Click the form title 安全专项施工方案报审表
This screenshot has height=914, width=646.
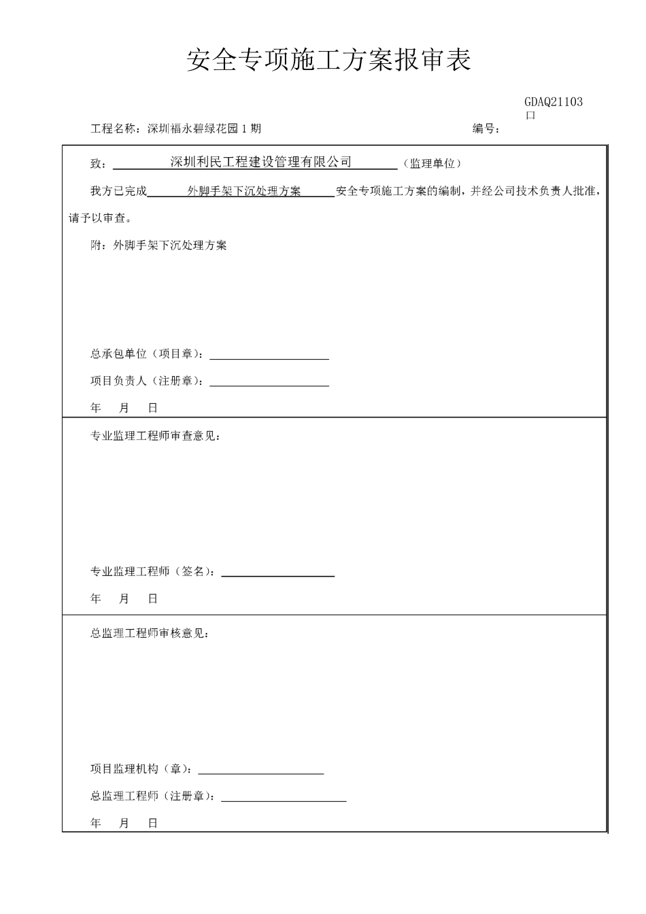point(328,61)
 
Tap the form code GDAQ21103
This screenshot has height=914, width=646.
point(553,102)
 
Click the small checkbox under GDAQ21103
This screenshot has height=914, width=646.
point(531,116)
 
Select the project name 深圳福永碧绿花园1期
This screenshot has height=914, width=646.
point(204,129)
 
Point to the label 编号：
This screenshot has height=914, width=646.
point(486,129)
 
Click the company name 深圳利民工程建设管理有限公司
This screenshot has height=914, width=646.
point(260,162)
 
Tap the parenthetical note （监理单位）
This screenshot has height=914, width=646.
point(432,163)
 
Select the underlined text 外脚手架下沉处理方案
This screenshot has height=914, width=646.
point(243,192)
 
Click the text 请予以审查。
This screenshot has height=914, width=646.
point(101,218)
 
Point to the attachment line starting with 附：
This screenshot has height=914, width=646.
point(158,246)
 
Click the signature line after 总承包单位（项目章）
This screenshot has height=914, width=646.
point(269,357)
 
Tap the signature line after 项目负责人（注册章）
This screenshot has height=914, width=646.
point(269,384)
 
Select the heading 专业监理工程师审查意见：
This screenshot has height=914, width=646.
point(155,436)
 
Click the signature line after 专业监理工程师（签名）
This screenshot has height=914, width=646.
point(277,575)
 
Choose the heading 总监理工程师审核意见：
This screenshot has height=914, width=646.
point(150,633)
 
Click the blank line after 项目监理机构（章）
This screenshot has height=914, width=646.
point(260,773)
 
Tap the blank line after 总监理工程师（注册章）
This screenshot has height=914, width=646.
point(284,800)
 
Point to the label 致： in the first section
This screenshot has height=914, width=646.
point(98,164)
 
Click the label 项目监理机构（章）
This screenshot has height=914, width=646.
point(141,769)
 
